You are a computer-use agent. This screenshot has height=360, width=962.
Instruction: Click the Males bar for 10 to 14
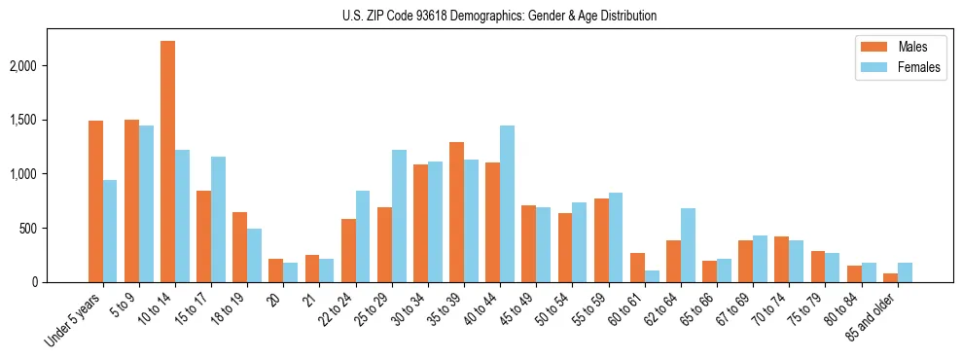pos(167,162)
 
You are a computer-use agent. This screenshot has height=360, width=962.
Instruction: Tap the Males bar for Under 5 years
pos(95,201)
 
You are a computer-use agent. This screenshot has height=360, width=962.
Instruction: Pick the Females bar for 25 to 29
pos(399,216)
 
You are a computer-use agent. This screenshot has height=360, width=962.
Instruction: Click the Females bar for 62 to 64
pos(688,245)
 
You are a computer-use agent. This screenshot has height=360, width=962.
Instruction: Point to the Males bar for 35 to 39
pos(456,212)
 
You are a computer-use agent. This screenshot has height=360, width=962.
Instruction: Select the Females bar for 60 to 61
pos(652,276)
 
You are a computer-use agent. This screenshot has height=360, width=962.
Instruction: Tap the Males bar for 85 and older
pos(890,277)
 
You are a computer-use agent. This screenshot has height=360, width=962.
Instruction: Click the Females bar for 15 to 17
pos(218,219)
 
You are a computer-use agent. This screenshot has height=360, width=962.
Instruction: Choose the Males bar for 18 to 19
pos(239,247)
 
